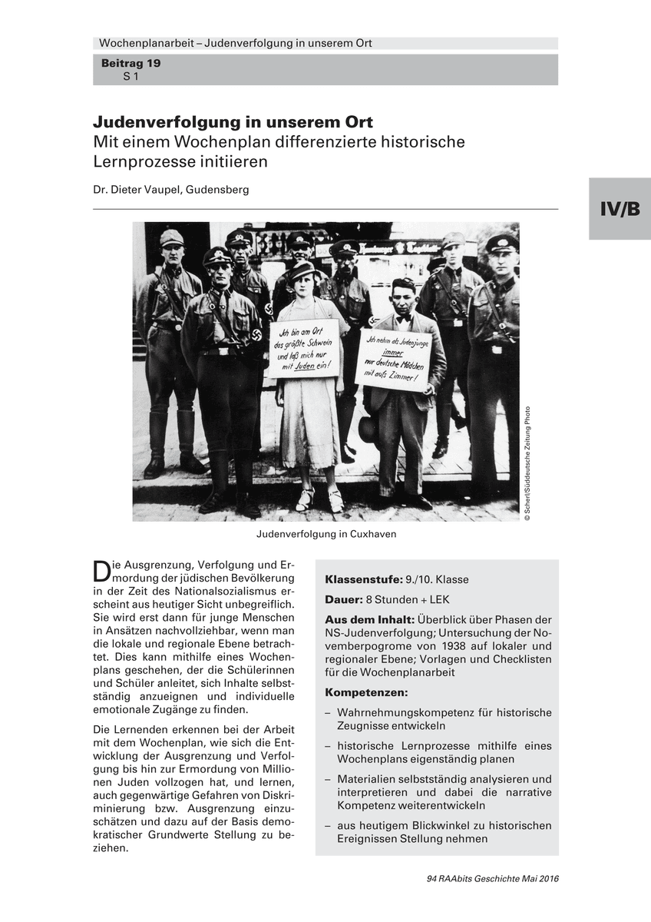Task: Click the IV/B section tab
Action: [620, 208]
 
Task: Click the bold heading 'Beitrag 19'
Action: [131, 64]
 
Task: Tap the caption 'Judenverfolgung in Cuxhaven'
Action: [325, 533]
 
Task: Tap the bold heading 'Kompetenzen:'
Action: [366, 692]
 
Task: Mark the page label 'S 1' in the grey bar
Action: [131, 77]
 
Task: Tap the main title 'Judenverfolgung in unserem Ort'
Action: [233, 123]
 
